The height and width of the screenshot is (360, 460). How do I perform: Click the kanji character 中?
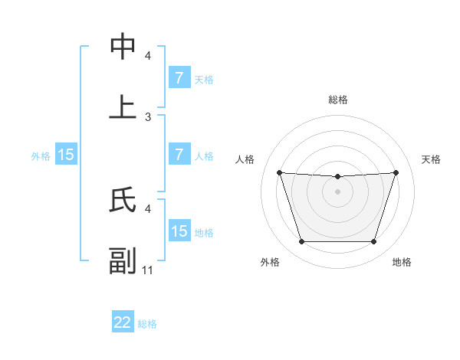click(x=123, y=47)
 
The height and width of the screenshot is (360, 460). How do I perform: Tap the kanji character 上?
click(x=123, y=107)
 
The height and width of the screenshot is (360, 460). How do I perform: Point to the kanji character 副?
click(x=123, y=260)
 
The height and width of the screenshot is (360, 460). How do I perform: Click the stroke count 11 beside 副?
click(x=148, y=270)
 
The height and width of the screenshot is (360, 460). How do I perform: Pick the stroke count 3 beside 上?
click(x=148, y=116)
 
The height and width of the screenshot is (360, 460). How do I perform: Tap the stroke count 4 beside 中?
click(x=148, y=55)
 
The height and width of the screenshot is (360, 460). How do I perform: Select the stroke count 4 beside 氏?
click(x=148, y=208)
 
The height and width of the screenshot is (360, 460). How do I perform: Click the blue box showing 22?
click(x=123, y=322)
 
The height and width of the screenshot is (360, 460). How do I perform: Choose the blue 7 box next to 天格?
click(x=179, y=78)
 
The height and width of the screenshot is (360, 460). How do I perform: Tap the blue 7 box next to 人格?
click(x=179, y=155)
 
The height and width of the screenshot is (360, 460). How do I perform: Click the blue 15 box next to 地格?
click(x=179, y=231)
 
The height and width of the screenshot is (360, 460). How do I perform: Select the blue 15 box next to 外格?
click(x=66, y=155)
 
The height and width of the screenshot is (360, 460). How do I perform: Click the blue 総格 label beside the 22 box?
click(x=147, y=324)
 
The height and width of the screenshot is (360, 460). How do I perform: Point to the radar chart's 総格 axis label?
click(x=337, y=100)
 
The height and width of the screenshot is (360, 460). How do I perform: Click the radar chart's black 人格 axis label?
click(x=245, y=159)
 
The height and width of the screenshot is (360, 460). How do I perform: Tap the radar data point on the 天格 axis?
click(x=396, y=172)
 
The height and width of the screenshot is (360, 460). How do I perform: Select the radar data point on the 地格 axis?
click(x=373, y=242)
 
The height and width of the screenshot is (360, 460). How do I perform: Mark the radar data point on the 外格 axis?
click(x=301, y=242)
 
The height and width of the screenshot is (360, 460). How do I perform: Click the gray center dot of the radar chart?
click(x=337, y=191)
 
